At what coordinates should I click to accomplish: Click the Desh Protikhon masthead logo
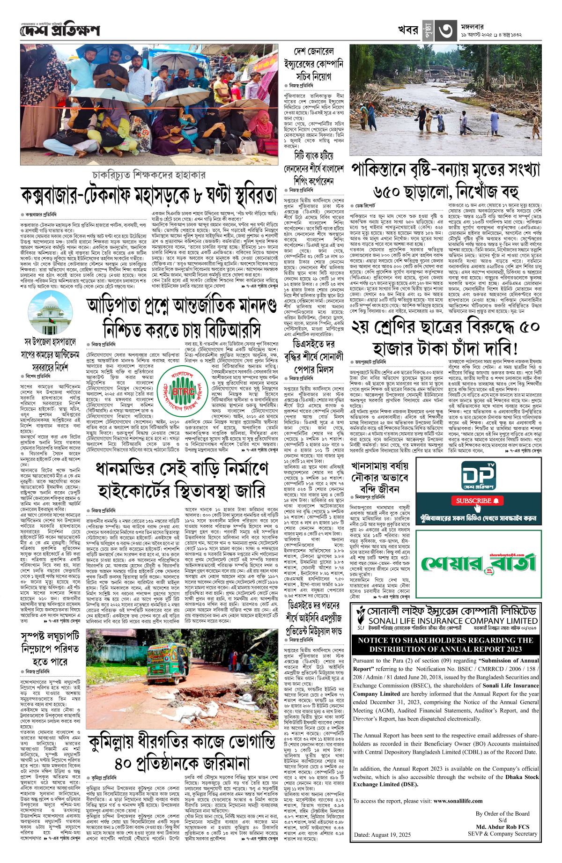point(60,31)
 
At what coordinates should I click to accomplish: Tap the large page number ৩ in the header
point(445,30)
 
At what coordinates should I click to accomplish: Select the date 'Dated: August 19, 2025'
point(382,834)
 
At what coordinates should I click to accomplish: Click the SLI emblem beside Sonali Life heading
point(361,618)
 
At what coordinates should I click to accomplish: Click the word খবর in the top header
point(408,30)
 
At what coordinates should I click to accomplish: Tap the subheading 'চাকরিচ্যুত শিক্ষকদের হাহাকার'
point(149,175)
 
